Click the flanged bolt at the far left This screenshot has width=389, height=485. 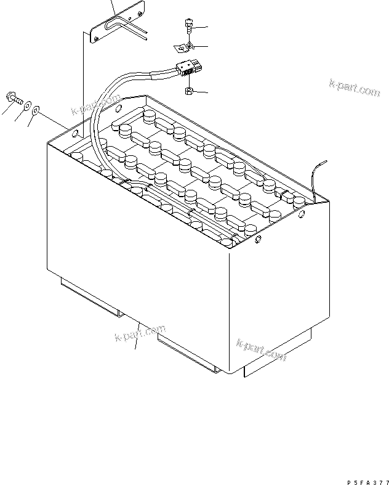pos(14,98)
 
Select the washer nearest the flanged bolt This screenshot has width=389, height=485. pos(28,106)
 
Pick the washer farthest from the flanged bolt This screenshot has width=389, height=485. pos(36,110)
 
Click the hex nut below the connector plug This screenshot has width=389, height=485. pos(189,91)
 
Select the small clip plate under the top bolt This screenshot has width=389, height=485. pos(184,48)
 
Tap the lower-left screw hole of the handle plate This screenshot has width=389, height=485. pos(96,39)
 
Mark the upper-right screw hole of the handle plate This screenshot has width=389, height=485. pos(140,14)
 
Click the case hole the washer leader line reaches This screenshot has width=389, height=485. pos(74,134)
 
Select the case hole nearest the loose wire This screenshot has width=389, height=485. pos(302,213)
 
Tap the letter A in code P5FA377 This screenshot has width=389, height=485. pos(367,482)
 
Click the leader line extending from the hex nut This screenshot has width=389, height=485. pos(200,92)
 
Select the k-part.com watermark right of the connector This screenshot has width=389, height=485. pos(355,88)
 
